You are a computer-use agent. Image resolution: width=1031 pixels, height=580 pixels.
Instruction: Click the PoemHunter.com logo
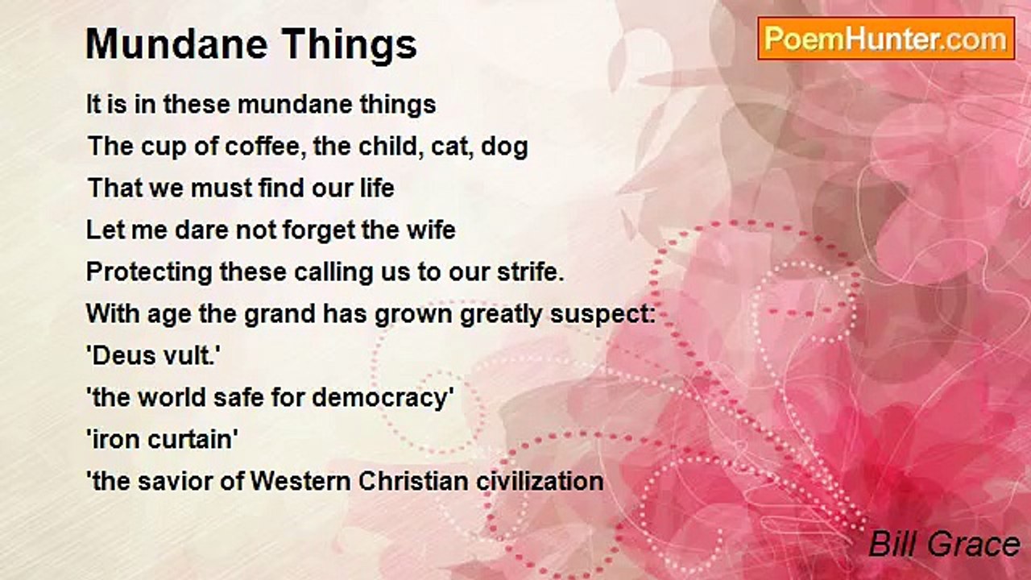coord(886,39)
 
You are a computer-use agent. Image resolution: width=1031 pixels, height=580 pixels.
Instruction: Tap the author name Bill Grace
coord(944,544)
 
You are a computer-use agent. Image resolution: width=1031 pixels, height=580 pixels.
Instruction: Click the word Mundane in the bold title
coord(176,44)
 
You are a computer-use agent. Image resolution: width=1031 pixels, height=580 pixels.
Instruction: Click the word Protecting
coord(149,272)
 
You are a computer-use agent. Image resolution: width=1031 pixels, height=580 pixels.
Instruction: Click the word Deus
coord(121,356)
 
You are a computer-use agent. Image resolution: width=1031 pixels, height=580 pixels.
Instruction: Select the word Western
coord(300,482)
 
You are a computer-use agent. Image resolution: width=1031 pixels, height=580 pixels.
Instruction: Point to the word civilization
coord(540,482)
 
